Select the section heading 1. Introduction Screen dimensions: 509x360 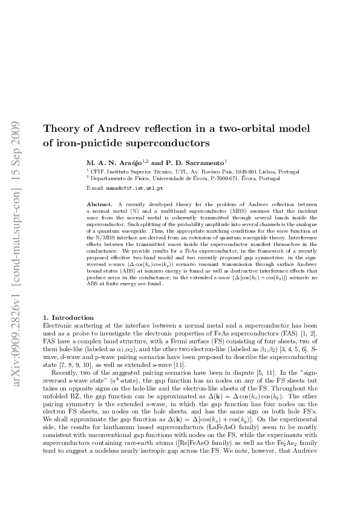tap(69, 317)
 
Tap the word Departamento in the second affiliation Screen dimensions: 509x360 tap(107, 179)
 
